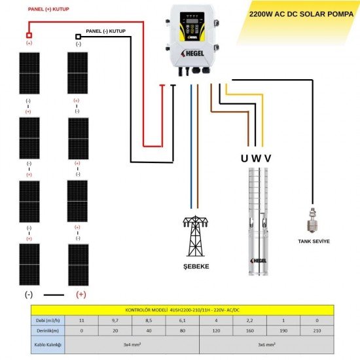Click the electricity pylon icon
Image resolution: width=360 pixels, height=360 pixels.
point(194,236)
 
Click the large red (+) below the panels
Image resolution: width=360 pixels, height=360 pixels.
point(81,295)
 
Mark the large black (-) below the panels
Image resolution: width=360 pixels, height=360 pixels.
point(29,295)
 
